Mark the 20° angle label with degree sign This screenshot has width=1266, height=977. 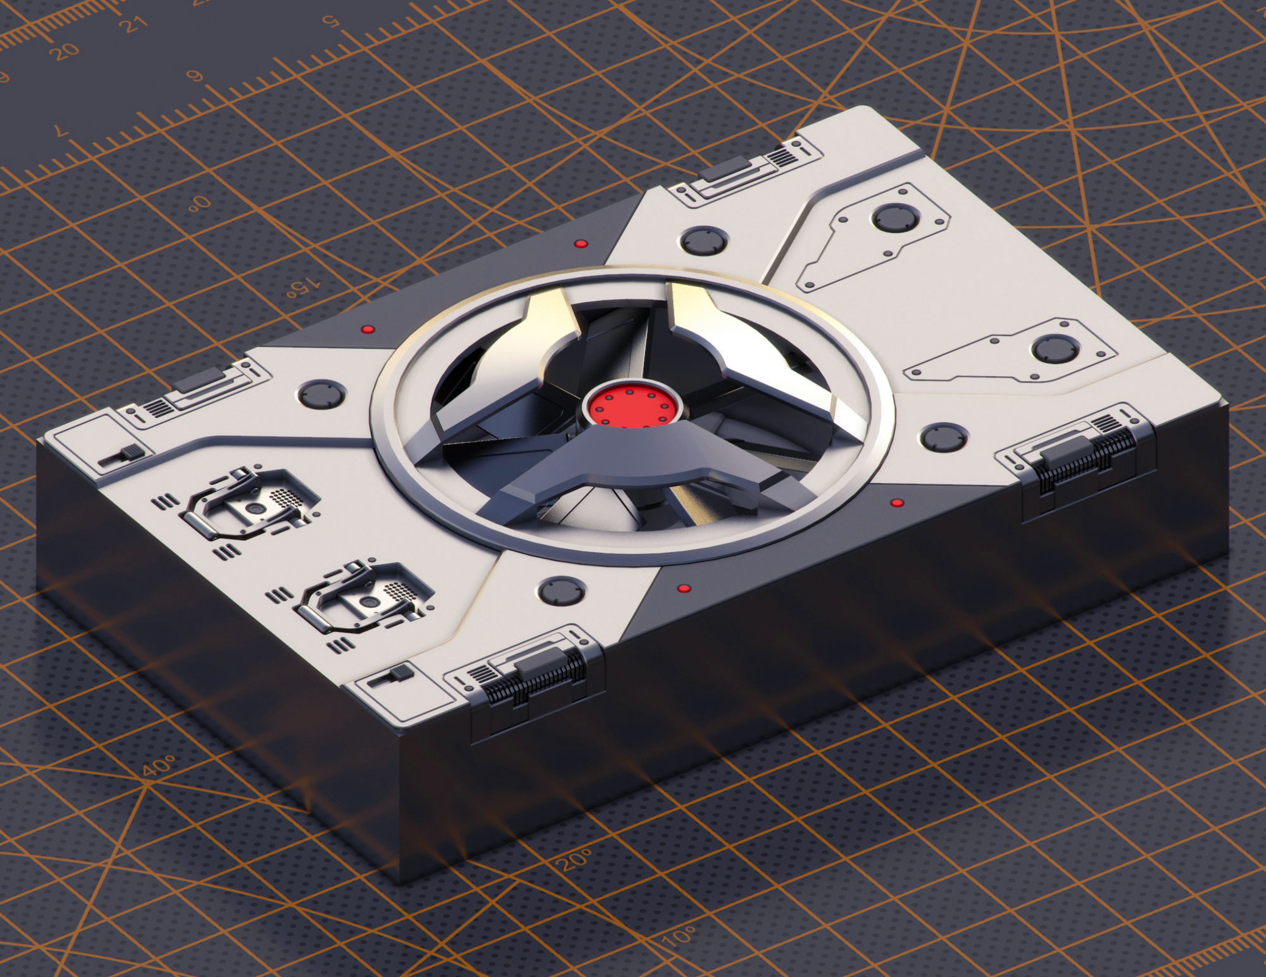(x=573, y=860)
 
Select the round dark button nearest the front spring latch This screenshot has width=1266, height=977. (x=561, y=591)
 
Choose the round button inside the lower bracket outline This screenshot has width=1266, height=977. (x=1055, y=349)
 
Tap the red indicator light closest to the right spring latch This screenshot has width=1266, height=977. (x=896, y=503)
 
